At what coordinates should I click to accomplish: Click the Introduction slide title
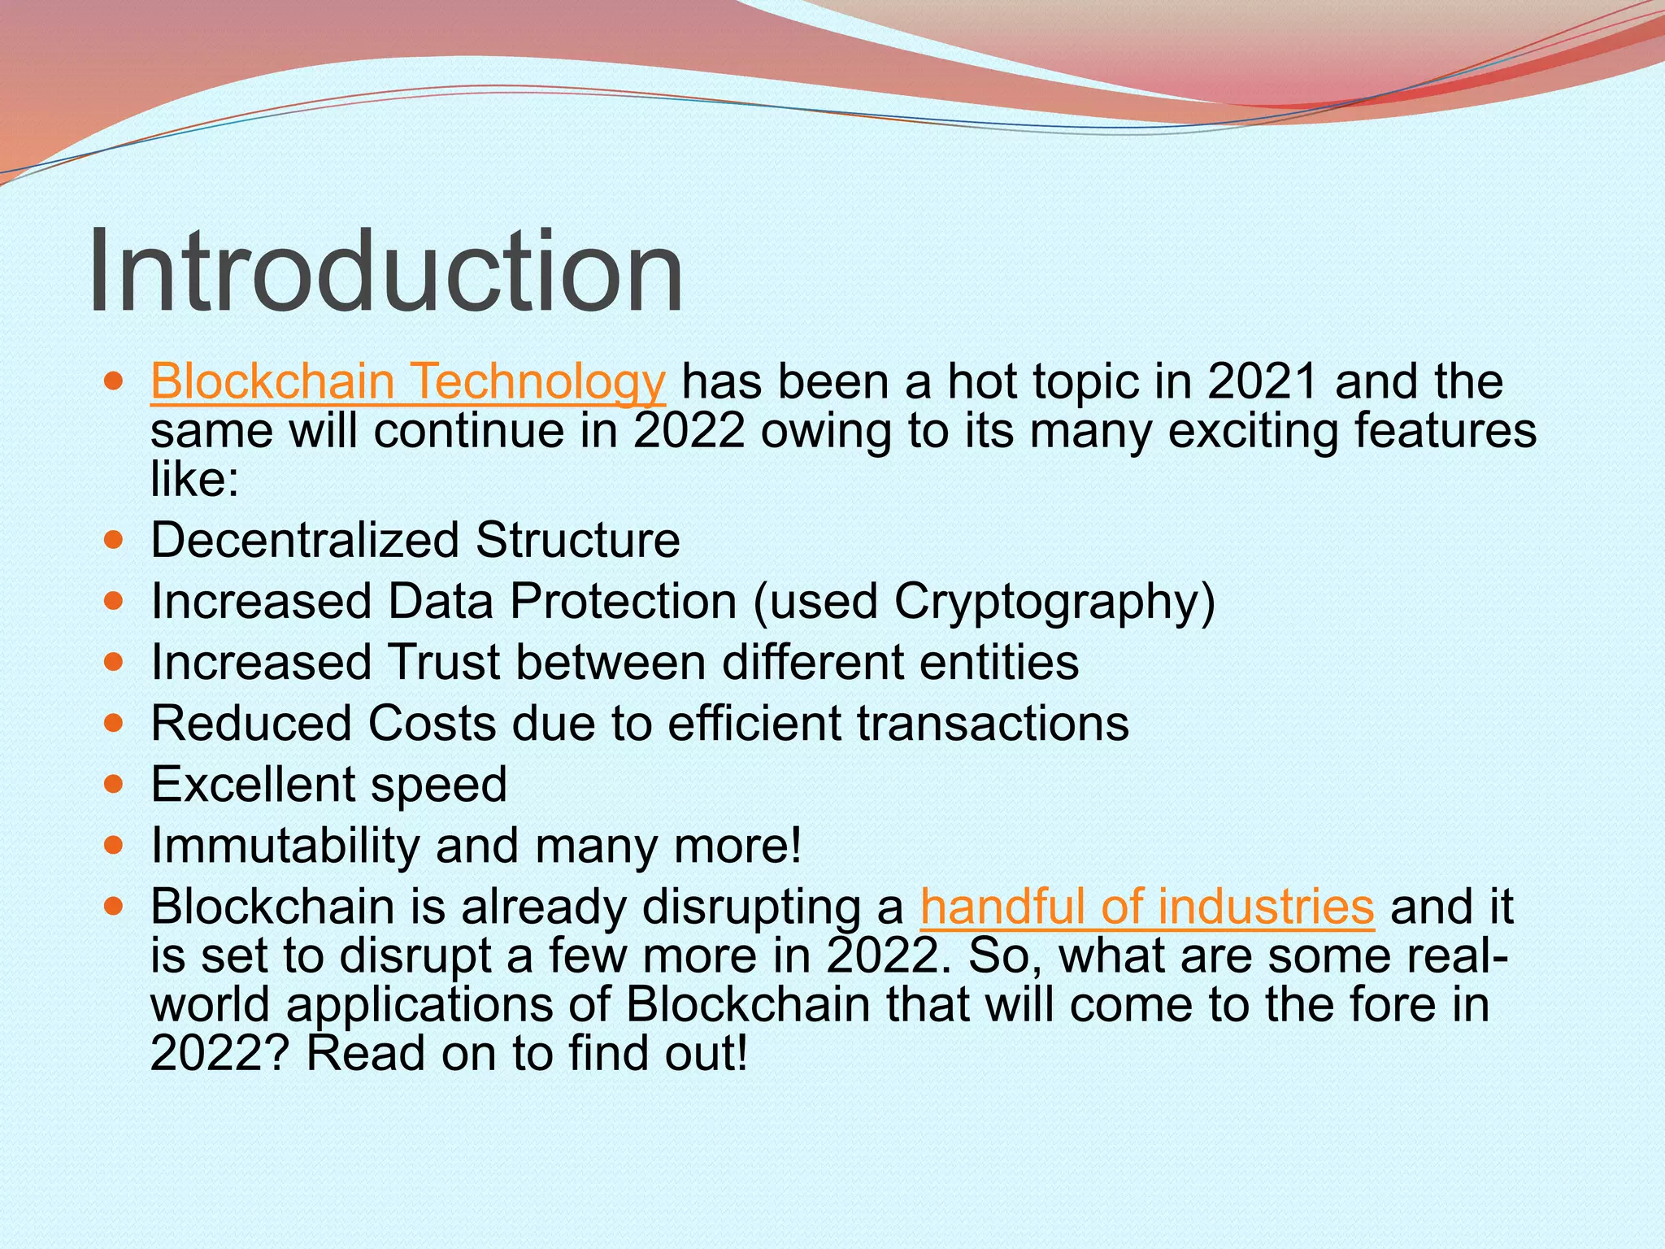pyautogui.click(x=385, y=271)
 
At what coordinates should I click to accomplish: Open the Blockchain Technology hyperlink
pyautogui.click(x=408, y=381)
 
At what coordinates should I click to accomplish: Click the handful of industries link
pyautogui.click(x=1146, y=907)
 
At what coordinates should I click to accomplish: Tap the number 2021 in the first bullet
pyautogui.click(x=1262, y=381)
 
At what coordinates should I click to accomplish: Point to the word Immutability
pyautogui.click(x=285, y=846)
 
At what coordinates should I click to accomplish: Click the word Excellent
pyautogui.click(x=253, y=785)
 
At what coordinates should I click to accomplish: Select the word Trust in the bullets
pyautogui.click(x=444, y=662)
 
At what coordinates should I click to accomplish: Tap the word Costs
pyautogui.click(x=431, y=723)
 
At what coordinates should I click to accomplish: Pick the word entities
pyautogui.click(x=999, y=662)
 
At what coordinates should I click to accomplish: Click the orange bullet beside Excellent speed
pyautogui.click(x=114, y=785)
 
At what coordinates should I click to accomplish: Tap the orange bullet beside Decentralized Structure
pyautogui.click(x=114, y=540)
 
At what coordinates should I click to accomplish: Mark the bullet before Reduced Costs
pyautogui.click(x=114, y=723)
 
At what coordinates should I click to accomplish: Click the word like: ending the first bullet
pyautogui.click(x=194, y=480)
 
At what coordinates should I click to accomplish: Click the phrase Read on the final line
pyautogui.click(x=365, y=1054)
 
